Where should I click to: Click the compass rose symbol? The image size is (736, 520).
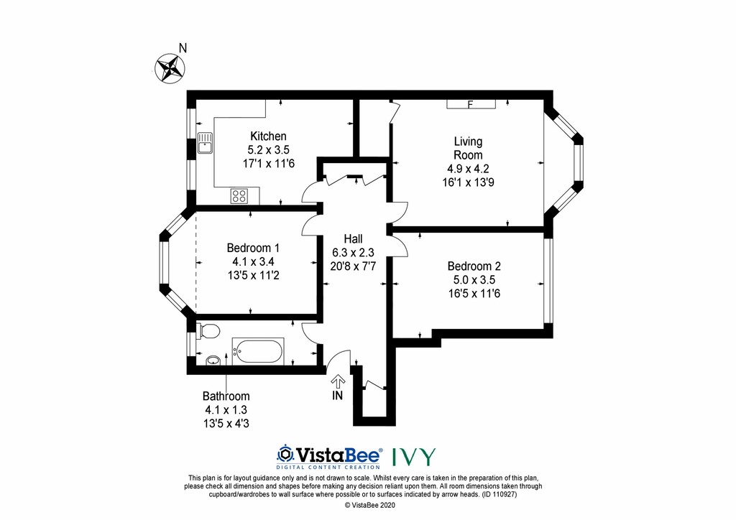pyautogui.click(x=171, y=68)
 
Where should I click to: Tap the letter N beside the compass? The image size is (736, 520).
pyautogui.click(x=183, y=48)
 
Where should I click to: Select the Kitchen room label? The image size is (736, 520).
pyautogui.click(x=268, y=136)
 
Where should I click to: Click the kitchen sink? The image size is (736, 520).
pyautogui.click(x=206, y=144)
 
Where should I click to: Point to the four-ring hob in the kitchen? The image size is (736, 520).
pyautogui.click(x=239, y=195)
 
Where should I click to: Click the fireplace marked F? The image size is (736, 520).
pyautogui.click(x=471, y=105)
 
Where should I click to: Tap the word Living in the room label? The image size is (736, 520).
pyautogui.click(x=468, y=141)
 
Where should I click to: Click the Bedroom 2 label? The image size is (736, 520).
pyautogui.click(x=470, y=266)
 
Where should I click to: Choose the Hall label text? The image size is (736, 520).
pyautogui.click(x=353, y=239)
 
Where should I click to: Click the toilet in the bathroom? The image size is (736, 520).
pyautogui.click(x=208, y=331)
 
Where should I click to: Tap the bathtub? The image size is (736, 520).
pyautogui.click(x=257, y=351)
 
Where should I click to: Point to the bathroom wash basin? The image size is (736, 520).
pyautogui.click(x=213, y=361)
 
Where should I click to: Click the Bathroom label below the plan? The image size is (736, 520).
pyautogui.click(x=226, y=396)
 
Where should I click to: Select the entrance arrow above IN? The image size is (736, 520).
pyautogui.click(x=338, y=381)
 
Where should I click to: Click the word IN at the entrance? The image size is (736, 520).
pyautogui.click(x=338, y=396)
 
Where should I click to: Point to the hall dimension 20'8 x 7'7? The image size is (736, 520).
pyautogui.click(x=353, y=265)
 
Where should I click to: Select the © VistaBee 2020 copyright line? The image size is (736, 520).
pyautogui.click(x=367, y=506)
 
